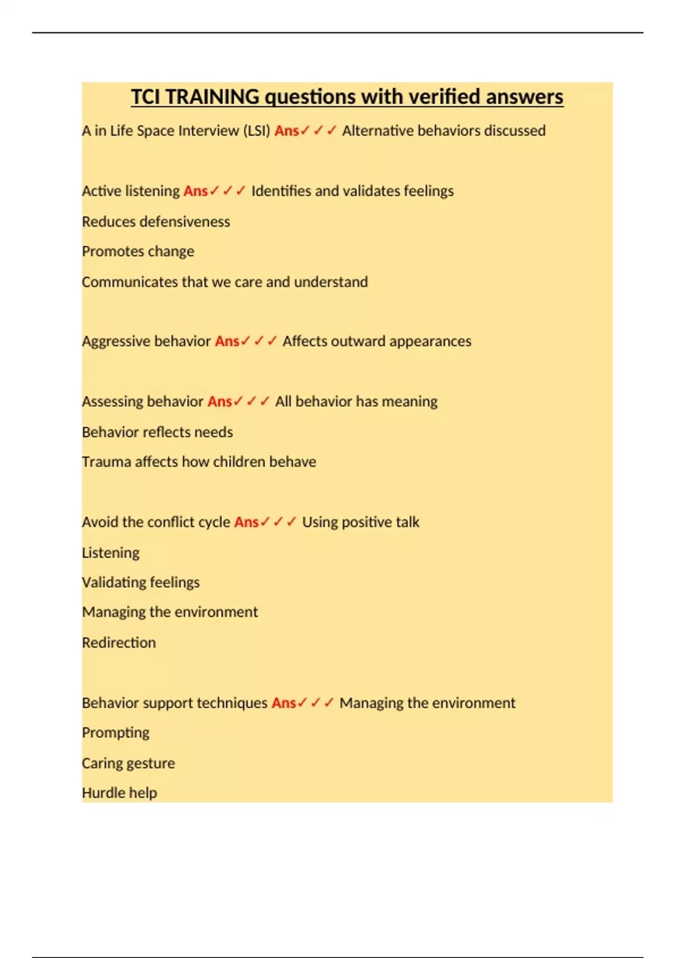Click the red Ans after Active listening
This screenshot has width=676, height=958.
(x=195, y=191)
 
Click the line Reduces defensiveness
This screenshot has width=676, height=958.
(x=155, y=221)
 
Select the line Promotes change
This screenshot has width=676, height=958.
(x=138, y=251)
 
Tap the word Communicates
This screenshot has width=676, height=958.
(x=130, y=282)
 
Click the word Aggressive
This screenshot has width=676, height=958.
(x=116, y=341)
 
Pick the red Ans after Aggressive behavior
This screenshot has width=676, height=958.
(x=227, y=341)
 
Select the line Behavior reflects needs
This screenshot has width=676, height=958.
(x=157, y=432)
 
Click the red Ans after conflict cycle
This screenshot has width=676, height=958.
(x=246, y=522)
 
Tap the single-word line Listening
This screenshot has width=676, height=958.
(x=110, y=553)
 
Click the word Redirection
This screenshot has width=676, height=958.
(x=119, y=642)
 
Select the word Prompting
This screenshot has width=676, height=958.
(x=115, y=733)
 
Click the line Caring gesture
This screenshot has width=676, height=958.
(x=128, y=763)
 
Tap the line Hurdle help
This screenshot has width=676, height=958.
(x=119, y=793)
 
